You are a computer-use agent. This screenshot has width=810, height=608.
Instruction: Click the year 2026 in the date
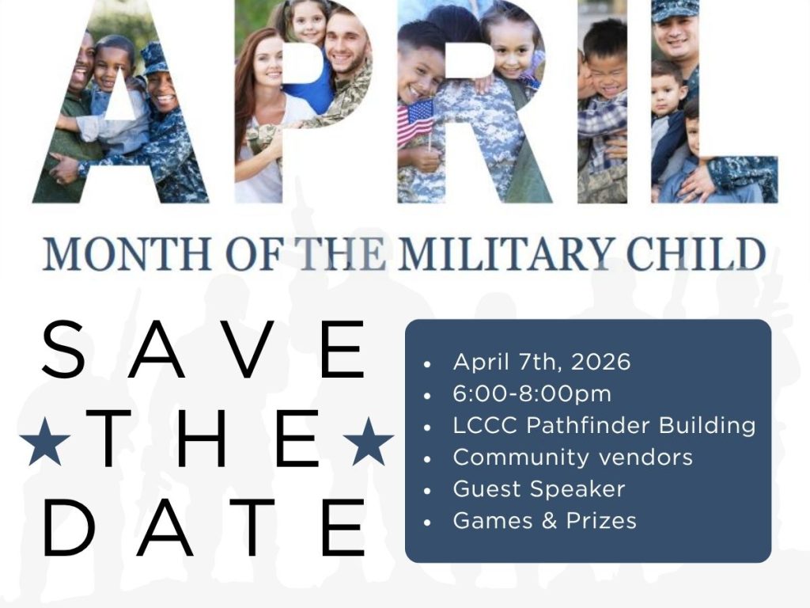coord(601,362)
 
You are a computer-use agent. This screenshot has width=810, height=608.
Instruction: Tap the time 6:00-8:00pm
coord(532,394)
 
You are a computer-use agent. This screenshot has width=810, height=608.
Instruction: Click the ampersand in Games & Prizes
coord(550,521)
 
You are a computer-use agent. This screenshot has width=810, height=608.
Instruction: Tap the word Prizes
coord(601,521)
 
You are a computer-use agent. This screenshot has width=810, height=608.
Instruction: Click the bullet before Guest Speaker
coord(426,491)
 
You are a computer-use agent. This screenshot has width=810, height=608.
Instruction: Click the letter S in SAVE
coord(63,349)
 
